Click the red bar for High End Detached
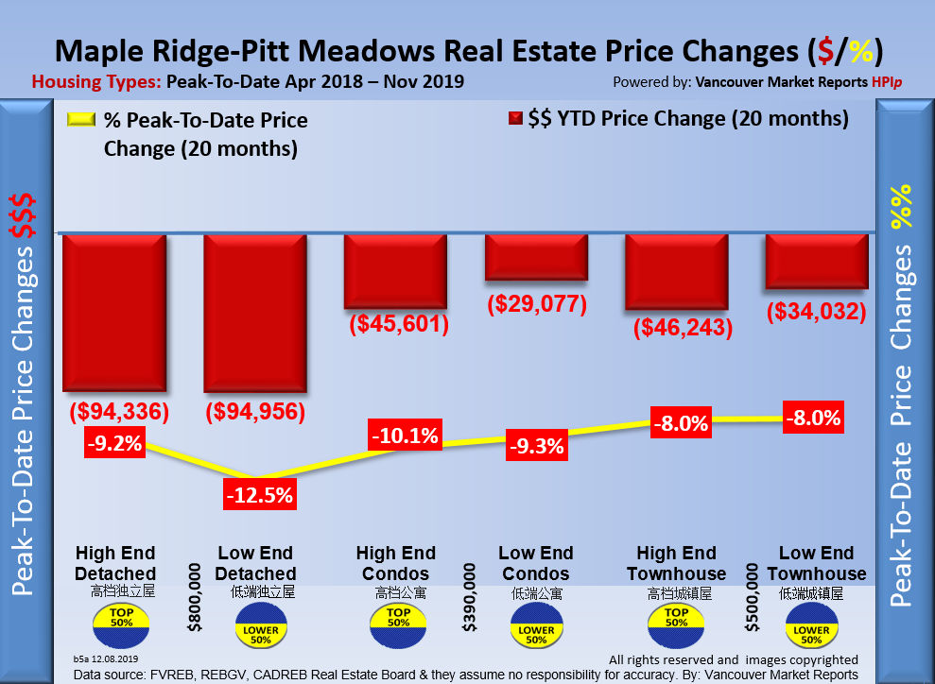(114, 313)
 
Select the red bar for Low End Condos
(536, 257)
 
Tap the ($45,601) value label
(398, 325)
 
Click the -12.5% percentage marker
(258, 494)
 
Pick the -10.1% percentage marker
(405, 436)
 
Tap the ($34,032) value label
(817, 310)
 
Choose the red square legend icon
(515, 119)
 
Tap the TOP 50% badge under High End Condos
(397, 620)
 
